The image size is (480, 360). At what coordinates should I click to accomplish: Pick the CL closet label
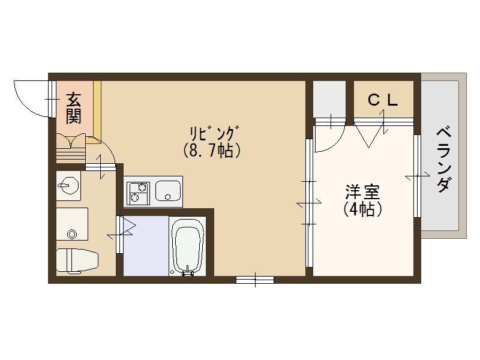click(383, 100)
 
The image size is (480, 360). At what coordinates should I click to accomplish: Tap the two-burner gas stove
click(138, 191)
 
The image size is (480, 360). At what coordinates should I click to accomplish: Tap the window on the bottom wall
click(255, 280)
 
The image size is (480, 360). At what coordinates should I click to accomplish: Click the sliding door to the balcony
click(416, 176)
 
